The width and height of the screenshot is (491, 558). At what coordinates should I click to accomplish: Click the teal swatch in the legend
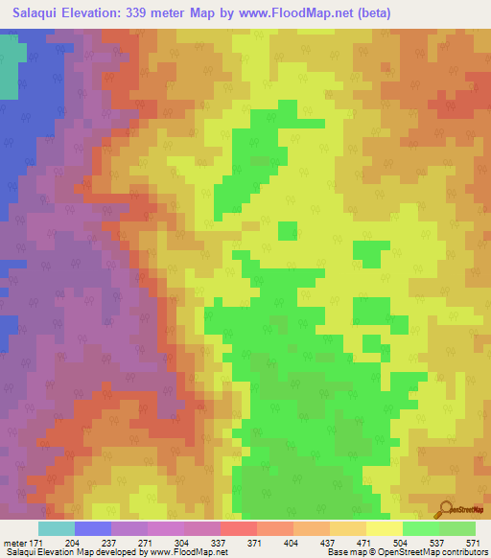(x=57, y=528)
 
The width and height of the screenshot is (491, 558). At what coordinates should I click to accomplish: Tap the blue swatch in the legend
(x=93, y=528)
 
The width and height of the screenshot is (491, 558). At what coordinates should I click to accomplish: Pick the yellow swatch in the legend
(x=385, y=528)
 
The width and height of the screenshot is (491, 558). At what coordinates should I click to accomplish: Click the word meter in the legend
(x=14, y=543)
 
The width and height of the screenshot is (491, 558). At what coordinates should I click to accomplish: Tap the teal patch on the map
(x=8, y=67)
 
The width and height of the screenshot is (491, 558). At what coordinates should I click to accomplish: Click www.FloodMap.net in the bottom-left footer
(x=182, y=553)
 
